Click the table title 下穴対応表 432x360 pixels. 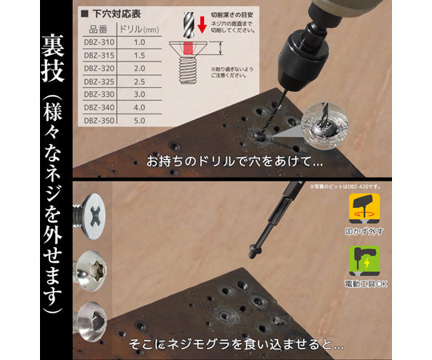pyautogui.click(x=114, y=14)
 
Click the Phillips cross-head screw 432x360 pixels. pyautogui.click(x=94, y=215)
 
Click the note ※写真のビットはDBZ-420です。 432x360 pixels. pyautogui.click(x=350, y=186)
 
